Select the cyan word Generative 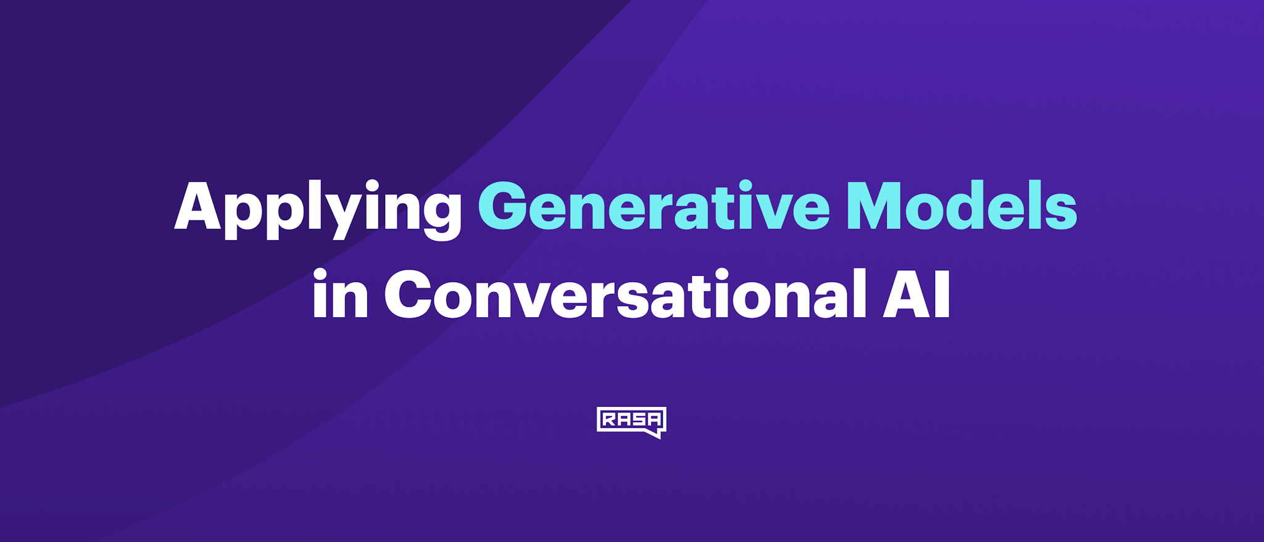[x=654, y=207]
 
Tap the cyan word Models [x=962, y=207]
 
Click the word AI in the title [x=917, y=295]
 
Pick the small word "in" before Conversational [x=340, y=295]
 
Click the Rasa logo [x=631, y=422]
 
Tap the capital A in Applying [x=197, y=207]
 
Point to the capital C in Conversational [x=408, y=295]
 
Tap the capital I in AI [x=942, y=295]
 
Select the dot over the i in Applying [x=372, y=186]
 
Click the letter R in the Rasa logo [x=609, y=420]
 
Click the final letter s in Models [x=1060, y=213]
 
